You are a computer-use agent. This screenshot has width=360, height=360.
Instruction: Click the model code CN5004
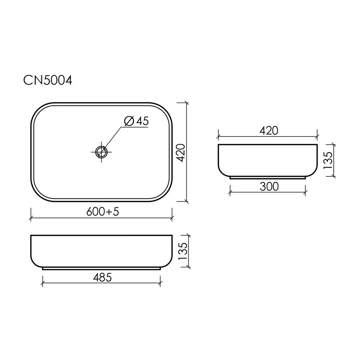(x=48, y=80)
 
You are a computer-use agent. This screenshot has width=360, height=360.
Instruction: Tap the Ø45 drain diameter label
(x=136, y=121)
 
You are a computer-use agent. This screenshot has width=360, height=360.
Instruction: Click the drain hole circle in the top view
(x=102, y=152)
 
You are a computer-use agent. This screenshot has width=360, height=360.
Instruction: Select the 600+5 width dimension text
(x=103, y=211)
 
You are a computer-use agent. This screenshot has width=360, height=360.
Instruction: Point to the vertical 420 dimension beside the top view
(x=181, y=153)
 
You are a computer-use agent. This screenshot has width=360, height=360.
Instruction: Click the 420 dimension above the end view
(x=269, y=131)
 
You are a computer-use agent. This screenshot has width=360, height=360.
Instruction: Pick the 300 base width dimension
(x=269, y=186)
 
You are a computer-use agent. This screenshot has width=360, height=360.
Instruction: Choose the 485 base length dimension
(x=102, y=277)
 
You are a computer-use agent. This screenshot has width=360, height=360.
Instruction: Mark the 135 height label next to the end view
(x=328, y=160)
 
